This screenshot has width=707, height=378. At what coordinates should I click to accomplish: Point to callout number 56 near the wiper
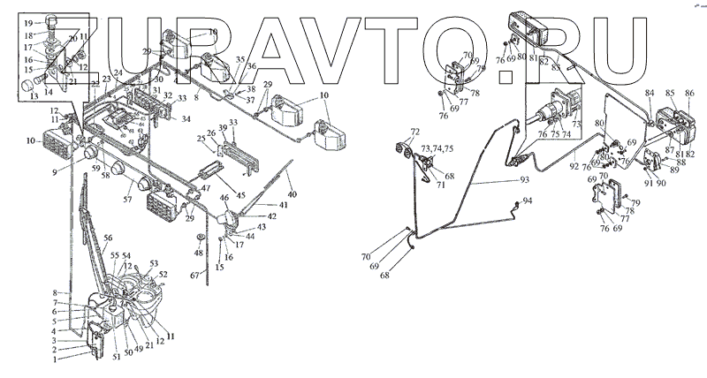[x=108, y=238]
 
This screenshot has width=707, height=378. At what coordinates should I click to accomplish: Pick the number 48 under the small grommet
[x=199, y=253]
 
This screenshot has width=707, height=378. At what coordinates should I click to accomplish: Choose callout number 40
[x=293, y=195]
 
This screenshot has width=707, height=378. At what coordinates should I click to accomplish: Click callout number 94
[x=528, y=202]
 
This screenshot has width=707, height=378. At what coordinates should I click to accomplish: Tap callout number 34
[x=186, y=118]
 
